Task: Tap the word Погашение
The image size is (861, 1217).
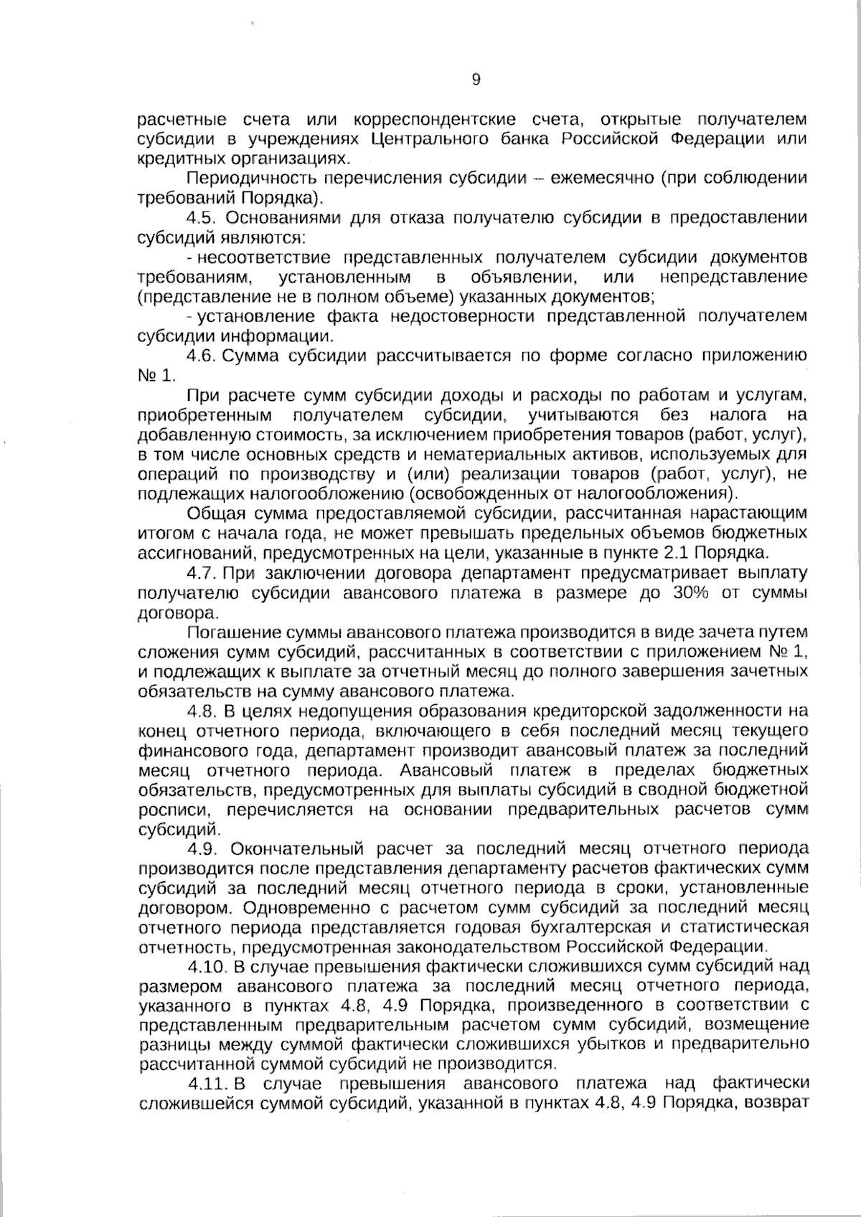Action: pyautogui.click(x=228, y=633)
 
